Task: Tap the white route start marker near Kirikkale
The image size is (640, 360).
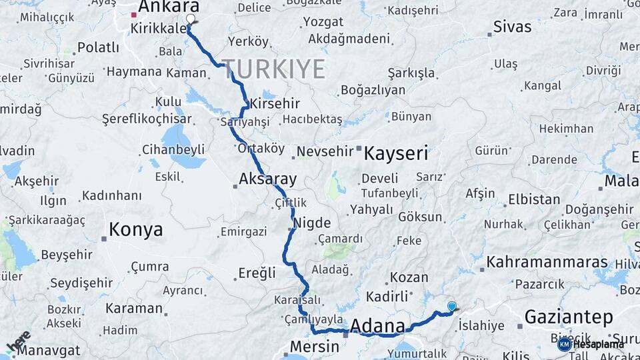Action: click(191, 20)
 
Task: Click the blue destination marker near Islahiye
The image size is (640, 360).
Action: click(452, 307)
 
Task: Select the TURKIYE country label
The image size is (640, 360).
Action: click(273, 69)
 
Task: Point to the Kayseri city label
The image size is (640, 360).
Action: click(396, 153)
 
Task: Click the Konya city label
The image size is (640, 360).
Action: click(135, 230)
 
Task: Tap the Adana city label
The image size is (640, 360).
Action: click(377, 326)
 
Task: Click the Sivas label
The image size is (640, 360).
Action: click(512, 27)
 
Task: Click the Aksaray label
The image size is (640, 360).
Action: click(267, 179)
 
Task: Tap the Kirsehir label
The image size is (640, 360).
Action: click(274, 104)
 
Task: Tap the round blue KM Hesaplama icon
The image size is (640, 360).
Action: click(564, 344)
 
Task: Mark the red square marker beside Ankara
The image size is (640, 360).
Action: click(134, 14)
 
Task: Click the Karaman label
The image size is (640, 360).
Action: click(133, 309)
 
